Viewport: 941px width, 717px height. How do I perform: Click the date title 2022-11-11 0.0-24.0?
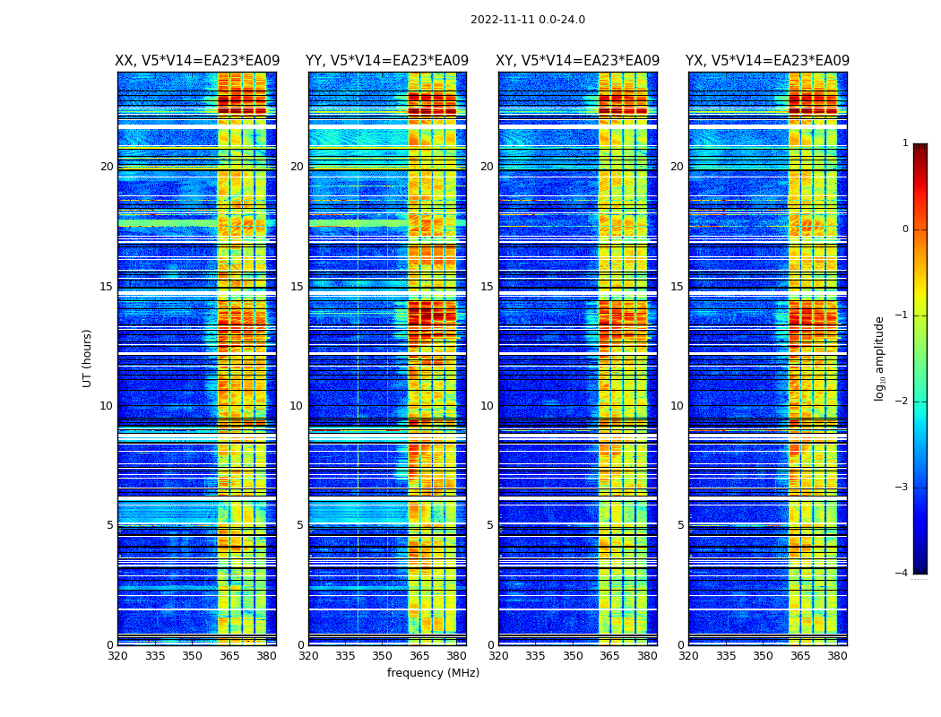point(528,20)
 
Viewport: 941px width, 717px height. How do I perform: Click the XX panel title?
point(197,61)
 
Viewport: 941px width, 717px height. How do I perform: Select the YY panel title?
point(387,61)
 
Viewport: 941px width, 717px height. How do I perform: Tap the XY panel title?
point(578,61)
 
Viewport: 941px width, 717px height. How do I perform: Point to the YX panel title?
point(768,61)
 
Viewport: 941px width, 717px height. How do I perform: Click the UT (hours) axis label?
point(88,358)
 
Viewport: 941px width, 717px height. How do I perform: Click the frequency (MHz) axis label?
point(433,673)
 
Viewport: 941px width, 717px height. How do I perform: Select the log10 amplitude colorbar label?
point(880,358)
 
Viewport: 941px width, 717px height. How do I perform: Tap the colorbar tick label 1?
point(904,143)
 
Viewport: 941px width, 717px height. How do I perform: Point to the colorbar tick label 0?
point(904,229)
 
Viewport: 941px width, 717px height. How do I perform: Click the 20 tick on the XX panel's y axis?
point(107,167)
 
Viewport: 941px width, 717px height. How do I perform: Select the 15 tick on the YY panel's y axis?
point(297,287)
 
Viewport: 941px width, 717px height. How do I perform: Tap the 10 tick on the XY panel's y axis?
point(487,406)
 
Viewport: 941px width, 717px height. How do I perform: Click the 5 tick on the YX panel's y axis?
point(680,525)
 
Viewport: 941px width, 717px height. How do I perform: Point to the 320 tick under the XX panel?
point(117,656)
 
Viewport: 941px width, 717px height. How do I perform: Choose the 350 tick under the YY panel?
point(383,656)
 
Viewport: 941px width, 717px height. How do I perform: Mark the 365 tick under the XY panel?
point(610,656)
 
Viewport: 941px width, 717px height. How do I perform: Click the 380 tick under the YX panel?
point(837,656)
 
